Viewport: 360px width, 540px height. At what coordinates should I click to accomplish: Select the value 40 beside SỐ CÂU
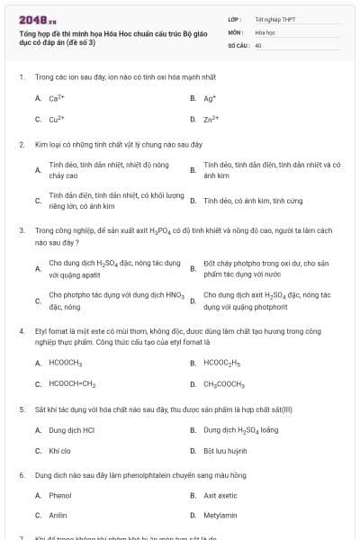click(258, 44)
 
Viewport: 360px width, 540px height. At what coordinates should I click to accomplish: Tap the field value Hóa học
click(265, 31)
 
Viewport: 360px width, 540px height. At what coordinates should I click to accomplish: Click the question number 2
click(21, 144)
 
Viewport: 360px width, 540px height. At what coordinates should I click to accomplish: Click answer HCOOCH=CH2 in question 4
click(72, 383)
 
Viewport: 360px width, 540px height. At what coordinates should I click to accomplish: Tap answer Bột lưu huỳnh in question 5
click(225, 450)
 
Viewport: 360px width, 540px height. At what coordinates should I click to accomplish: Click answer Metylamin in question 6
click(220, 516)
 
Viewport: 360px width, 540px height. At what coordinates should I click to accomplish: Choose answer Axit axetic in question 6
click(220, 495)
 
